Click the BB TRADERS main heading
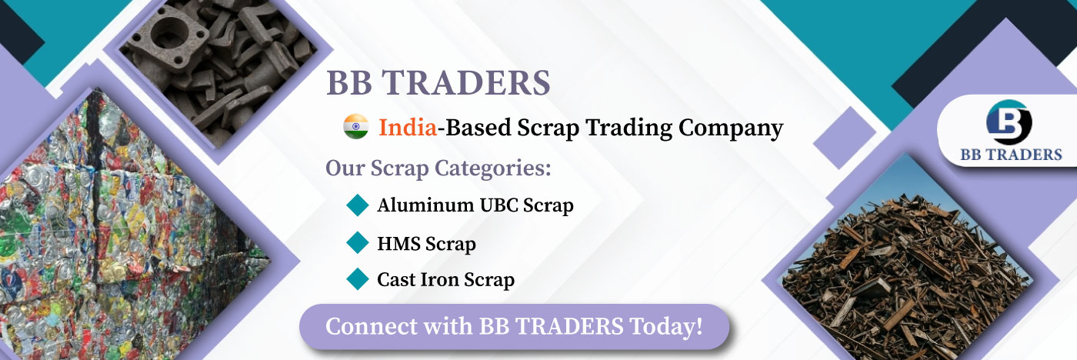(x=438, y=83)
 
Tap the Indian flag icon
(x=355, y=126)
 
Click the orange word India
(x=408, y=128)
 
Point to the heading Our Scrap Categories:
(x=438, y=168)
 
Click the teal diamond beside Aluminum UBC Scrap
(x=358, y=205)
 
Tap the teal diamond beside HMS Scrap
(x=358, y=242)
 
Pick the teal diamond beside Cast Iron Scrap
(x=358, y=279)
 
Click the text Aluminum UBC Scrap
(x=475, y=205)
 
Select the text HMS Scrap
(x=426, y=244)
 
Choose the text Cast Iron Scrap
(x=445, y=280)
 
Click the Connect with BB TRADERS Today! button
(x=514, y=327)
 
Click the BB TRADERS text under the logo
(x=1011, y=155)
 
